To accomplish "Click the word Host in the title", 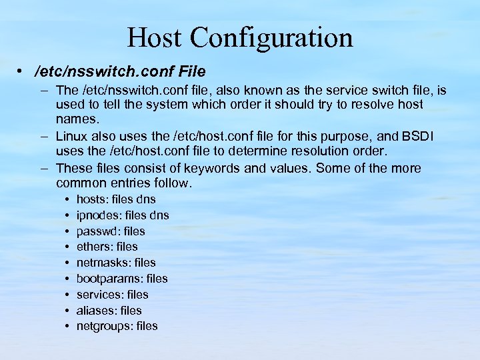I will click(x=154, y=37).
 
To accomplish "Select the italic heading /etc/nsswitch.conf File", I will click(x=120, y=71).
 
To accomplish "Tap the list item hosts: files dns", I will click(x=116, y=199).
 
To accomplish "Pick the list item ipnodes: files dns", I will click(x=123, y=215).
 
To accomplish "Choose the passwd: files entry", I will click(x=111, y=231).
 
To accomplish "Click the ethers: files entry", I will click(x=107, y=247).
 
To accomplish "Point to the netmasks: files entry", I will click(x=116, y=263).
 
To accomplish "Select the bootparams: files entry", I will click(x=122, y=279).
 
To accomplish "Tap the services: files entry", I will click(x=113, y=295).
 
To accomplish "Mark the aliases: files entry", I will click(x=109, y=311).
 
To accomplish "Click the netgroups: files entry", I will click(x=117, y=326).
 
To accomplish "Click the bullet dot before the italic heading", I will click(x=22, y=71).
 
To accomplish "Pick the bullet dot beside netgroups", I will click(x=68, y=326).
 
